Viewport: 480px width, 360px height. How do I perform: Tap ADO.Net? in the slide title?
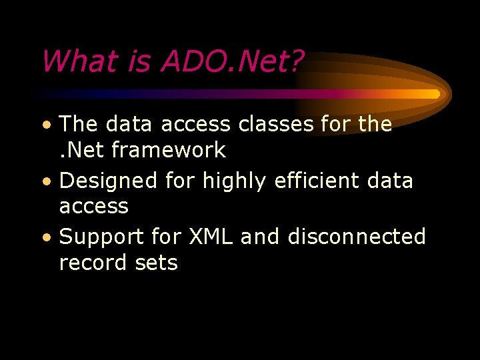point(231,62)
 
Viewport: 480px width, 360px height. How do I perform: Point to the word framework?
point(169,151)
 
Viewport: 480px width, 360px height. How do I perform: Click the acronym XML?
point(212,237)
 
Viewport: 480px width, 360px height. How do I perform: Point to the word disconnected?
point(357,237)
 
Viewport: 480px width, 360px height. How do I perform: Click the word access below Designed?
point(93,207)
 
